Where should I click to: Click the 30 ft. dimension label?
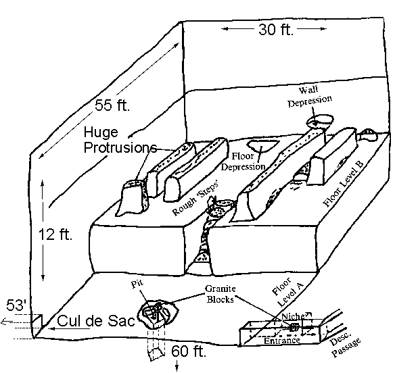coord(276,30)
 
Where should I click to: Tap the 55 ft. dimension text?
coord(112,105)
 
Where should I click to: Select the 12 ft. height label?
coord(55,234)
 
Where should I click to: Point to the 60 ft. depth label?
coord(189,351)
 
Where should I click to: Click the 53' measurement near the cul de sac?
coord(16,305)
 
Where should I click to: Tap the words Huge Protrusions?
coord(120,140)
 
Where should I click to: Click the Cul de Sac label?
coord(96,321)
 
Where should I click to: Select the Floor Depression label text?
coord(243,161)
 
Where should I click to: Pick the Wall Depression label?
coord(310,97)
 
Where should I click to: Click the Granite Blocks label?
coord(220,294)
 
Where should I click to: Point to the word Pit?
coord(137,284)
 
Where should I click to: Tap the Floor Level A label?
coord(287,292)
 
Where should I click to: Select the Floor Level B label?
coord(344,184)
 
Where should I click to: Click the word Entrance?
coord(281,341)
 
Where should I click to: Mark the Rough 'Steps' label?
coord(195,198)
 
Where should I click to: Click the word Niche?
coord(293,316)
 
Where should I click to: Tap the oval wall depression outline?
coord(320,116)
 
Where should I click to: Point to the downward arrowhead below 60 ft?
coord(177,368)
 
